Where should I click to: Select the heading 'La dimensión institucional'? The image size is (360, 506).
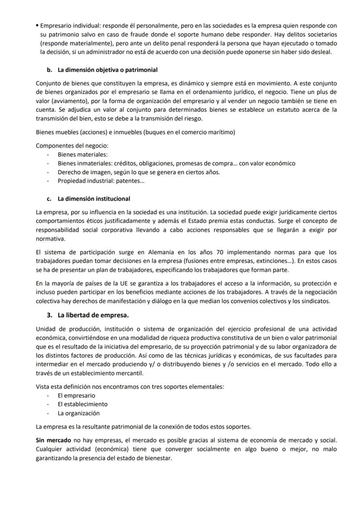(x=93, y=199)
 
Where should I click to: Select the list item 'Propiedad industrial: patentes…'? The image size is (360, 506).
(x=101, y=181)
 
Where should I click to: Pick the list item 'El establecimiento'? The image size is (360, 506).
(x=83, y=404)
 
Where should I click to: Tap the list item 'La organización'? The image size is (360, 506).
(x=79, y=413)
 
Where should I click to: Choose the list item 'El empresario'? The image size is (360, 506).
(x=77, y=396)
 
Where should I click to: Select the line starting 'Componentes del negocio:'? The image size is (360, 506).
(x=72, y=146)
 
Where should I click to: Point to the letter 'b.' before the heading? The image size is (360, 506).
(x=50, y=70)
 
